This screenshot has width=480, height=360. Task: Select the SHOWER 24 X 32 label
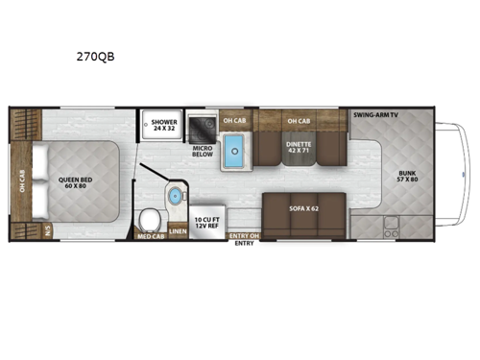tap(159, 124)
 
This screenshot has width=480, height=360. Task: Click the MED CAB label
tap(150, 235)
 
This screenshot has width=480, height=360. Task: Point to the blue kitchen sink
tap(234, 149)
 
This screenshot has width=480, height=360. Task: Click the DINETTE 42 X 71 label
tap(298, 146)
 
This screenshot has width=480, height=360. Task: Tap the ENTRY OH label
tap(246, 235)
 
